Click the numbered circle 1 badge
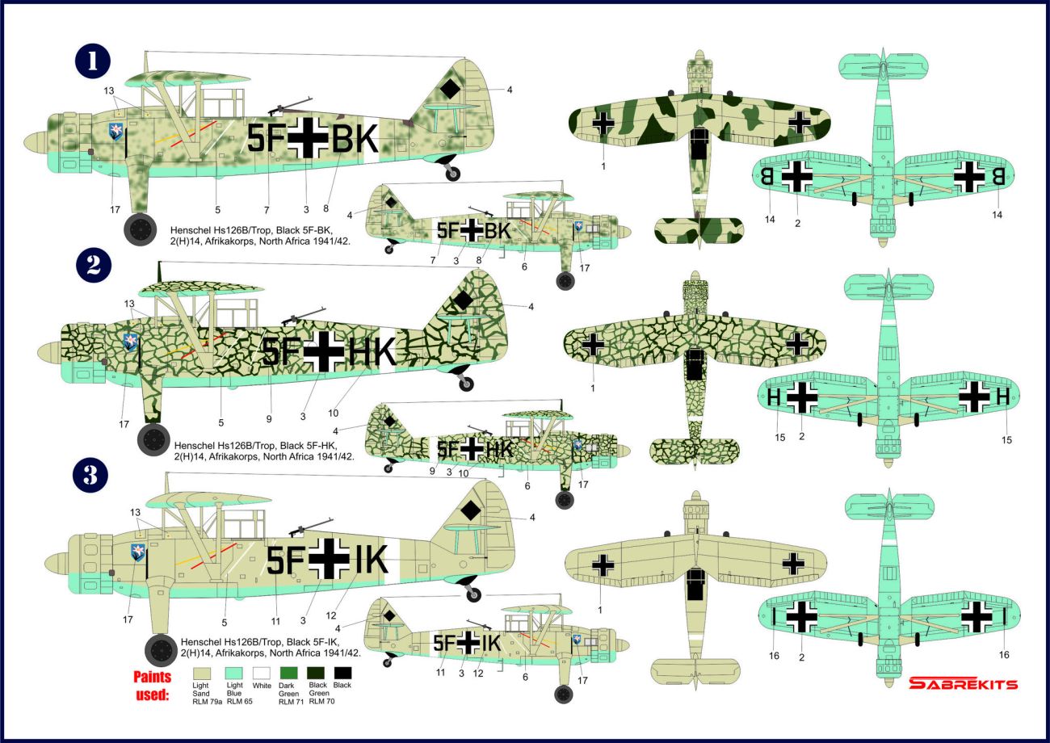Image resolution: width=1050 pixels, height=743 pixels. point(93,61)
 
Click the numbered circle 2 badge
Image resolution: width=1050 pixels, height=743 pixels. point(94,266)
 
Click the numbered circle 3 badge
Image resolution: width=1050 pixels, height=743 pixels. point(91,475)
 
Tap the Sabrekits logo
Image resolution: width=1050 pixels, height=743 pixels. point(964,683)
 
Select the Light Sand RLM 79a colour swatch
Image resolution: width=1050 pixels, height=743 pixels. point(202,674)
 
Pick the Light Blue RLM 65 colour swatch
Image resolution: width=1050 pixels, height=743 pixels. point(234,674)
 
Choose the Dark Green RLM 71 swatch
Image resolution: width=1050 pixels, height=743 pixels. point(289,674)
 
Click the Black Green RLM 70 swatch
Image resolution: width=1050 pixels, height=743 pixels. point(316,674)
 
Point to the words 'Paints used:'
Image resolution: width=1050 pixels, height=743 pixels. point(153,686)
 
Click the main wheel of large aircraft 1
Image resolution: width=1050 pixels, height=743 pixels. point(141,229)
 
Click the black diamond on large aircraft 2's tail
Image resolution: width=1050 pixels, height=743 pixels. point(463,300)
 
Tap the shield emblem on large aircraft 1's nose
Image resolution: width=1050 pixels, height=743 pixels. point(115,132)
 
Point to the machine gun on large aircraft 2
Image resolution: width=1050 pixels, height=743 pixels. point(303,316)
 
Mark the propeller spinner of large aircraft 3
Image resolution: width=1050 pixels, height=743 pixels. point(57,562)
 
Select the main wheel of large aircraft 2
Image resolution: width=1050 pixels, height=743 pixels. point(153,439)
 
